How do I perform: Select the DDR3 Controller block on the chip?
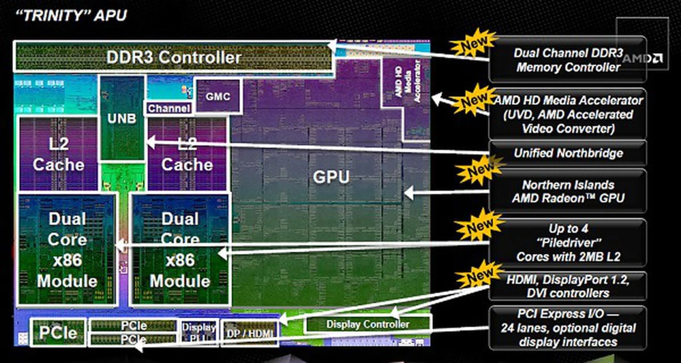click(173, 57)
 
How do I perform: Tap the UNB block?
click(122, 118)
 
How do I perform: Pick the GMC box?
click(218, 96)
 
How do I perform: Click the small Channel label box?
click(169, 108)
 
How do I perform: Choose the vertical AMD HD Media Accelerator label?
click(407, 82)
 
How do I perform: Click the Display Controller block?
click(367, 324)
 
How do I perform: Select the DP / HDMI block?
click(250, 333)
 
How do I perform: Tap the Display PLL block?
click(199, 332)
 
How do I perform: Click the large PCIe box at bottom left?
click(58, 333)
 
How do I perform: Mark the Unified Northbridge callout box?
click(568, 153)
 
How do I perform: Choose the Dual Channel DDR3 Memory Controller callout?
click(568, 60)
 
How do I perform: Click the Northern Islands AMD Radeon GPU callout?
click(568, 191)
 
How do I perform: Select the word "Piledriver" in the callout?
click(569, 243)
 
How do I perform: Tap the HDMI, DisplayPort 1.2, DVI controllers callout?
click(568, 286)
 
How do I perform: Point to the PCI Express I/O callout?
click(568, 328)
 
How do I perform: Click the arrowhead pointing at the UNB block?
click(150, 143)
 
